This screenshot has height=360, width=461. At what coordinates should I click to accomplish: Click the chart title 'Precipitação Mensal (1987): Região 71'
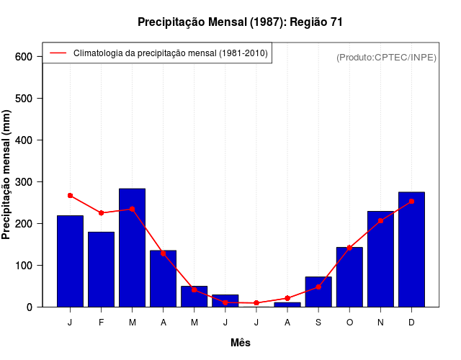(x=240, y=22)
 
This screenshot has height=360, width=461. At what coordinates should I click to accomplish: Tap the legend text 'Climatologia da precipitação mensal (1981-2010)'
(x=171, y=53)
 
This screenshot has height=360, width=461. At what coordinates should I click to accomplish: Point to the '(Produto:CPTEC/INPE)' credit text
(x=386, y=57)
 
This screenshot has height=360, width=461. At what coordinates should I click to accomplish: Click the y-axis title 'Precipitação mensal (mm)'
(x=7, y=175)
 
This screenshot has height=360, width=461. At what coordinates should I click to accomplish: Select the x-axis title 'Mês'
(x=241, y=343)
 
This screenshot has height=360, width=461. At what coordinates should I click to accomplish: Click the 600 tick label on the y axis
(x=24, y=57)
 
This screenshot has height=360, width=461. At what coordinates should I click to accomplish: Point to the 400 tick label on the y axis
(x=24, y=140)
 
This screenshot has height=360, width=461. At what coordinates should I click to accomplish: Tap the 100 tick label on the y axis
(x=24, y=266)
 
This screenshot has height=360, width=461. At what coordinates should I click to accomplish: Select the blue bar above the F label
(x=101, y=269)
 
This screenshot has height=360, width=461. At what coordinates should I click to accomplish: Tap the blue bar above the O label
(x=349, y=277)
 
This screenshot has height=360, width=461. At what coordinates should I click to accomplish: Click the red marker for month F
(x=101, y=213)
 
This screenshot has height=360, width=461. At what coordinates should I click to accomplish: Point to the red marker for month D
(x=411, y=202)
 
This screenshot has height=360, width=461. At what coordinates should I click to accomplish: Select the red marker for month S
(x=318, y=287)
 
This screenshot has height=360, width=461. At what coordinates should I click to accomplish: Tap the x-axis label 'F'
(x=101, y=323)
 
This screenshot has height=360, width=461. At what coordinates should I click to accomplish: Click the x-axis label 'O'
(x=349, y=323)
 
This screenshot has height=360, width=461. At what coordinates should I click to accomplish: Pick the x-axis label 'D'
(x=411, y=323)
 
